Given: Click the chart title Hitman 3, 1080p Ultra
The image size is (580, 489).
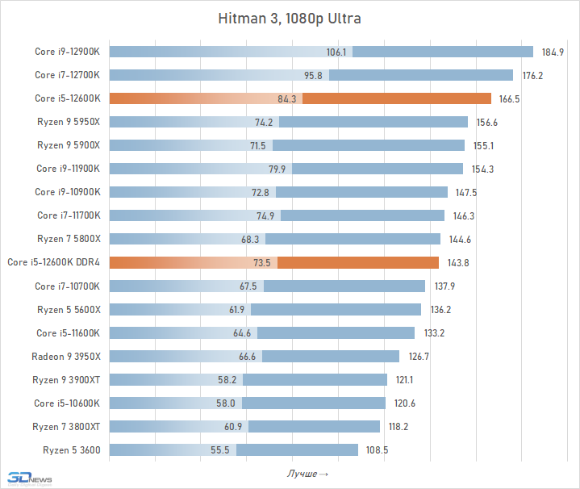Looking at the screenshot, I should tap(290, 18).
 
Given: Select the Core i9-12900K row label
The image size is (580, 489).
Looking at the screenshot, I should tap(67, 52).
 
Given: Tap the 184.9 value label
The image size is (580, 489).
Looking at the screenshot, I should tap(553, 52).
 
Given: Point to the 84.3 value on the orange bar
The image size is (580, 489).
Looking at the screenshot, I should tap(287, 99).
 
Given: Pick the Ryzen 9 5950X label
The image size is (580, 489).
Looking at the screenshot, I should tap(69, 123).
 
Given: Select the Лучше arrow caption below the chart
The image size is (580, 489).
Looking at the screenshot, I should tap(307, 473).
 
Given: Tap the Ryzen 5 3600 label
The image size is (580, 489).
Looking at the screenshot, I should tap(70, 449).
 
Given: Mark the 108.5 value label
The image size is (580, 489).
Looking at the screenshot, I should tap(378, 449).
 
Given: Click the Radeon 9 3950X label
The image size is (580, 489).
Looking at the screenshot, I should tap(66, 356).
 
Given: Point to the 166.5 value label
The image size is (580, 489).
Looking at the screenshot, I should tap(510, 99).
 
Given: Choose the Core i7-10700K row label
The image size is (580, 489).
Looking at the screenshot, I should tap(67, 286).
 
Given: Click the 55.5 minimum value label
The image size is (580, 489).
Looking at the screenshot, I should tap(220, 449).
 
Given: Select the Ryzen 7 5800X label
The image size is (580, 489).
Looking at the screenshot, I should tap(69, 239).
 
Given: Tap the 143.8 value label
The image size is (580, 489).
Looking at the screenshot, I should tap(457, 262).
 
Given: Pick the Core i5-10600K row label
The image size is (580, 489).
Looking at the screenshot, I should tap(67, 403).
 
